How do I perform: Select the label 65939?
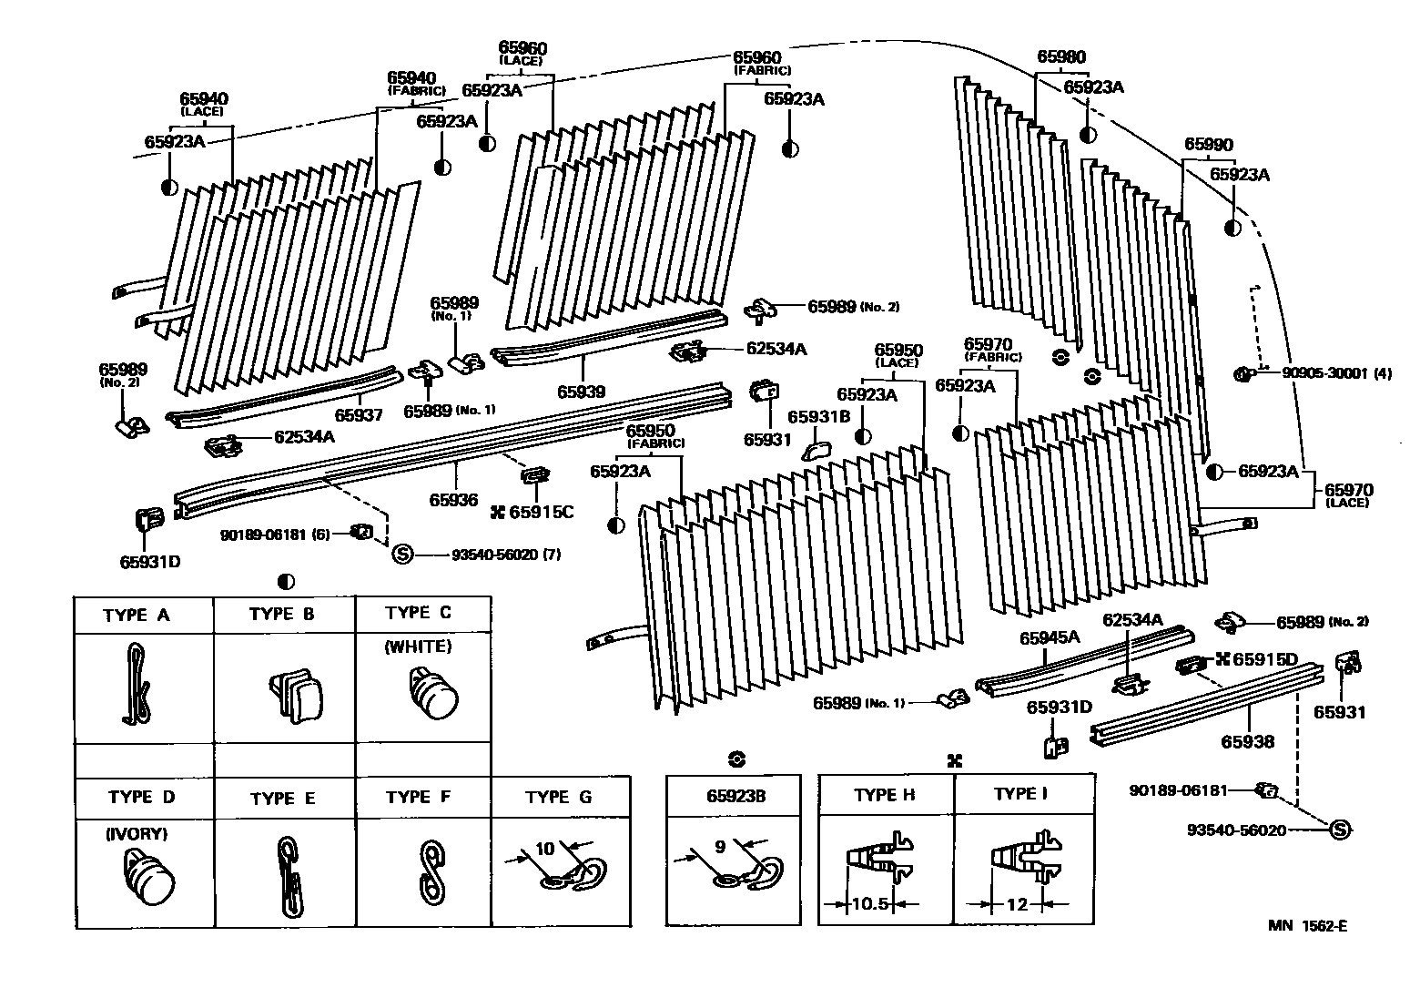(x=582, y=392)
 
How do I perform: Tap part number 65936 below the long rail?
(x=453, y=500)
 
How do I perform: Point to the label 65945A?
(x=1050, y=637)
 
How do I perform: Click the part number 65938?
(x=1247, y=741)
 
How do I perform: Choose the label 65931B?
(x=818, y=416)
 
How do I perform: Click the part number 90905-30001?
(x=1326, y=372)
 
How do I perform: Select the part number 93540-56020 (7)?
(x=505, y=555)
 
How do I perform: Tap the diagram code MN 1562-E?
(x=1308, y=926)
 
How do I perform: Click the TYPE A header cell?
(x=137, y=615)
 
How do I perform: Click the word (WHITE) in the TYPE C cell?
(x=418, y=647)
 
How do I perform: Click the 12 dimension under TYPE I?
(x=1018, y=904)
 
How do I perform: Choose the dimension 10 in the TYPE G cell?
(x=545, y=849)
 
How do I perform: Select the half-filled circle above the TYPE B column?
(x=286, y=581)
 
